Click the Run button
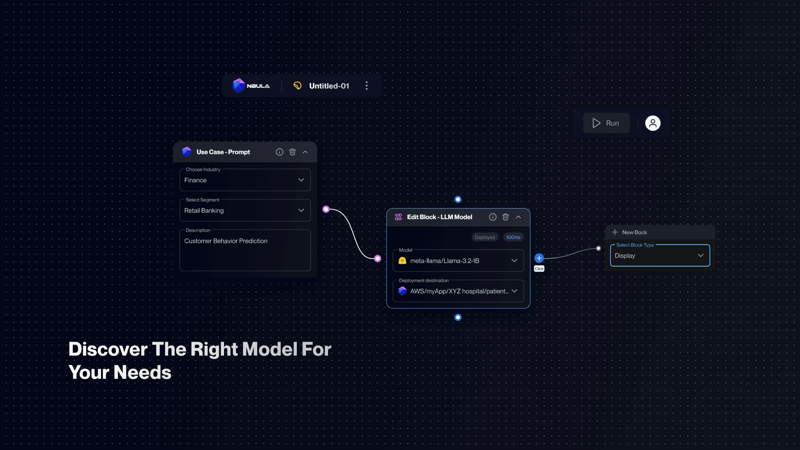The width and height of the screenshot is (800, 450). click(x=606, y=123)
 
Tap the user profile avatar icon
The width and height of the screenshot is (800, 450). click(x=653, y=123)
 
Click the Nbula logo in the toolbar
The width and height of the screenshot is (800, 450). click(x=251, y=86)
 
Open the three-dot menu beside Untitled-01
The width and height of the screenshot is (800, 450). click(x=366, y=86)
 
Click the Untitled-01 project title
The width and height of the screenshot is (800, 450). click(x=329, y=86)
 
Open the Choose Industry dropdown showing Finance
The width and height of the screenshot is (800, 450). click(x=245, y=180)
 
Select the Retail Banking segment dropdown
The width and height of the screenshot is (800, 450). click(x=245, y=210)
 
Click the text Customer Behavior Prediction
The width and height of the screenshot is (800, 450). click(x=226, y=241)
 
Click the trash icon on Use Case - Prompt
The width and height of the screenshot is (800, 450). click(x=292, y=152)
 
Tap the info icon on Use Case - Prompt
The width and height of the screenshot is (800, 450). click(x=280, y=152)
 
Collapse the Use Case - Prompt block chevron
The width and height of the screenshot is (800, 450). click(x=305, y=152)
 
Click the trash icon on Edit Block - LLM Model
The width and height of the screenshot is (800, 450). click(x=506, y=217)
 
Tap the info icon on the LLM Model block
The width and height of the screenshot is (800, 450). click(x=493, y=217)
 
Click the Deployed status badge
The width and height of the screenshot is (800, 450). click(x=484, y=237)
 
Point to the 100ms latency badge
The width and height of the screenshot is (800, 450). click(x=513, y=237)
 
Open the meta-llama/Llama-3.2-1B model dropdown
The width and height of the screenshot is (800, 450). click(x=458, y=261)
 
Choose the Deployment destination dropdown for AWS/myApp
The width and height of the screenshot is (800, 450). click(x=458, y=291)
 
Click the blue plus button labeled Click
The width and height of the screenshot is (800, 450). click(x=539, y=258)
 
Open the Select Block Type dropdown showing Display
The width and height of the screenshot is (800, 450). click(x=660, y=256)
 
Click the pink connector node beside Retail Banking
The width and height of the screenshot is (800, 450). click(x=326, y=209)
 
